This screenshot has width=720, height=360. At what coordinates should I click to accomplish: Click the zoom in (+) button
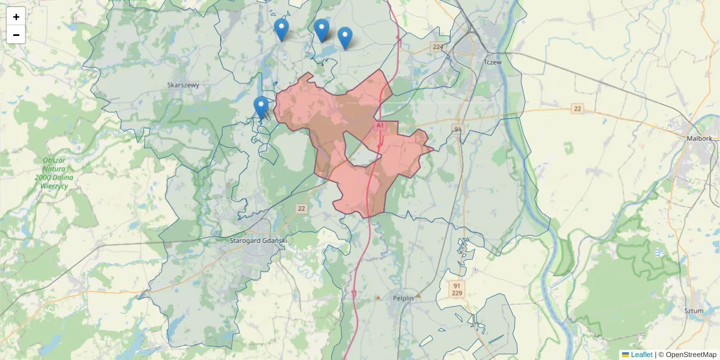click(x=16, y=17)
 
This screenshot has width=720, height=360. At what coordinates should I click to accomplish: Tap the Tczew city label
click(x=492, y=62)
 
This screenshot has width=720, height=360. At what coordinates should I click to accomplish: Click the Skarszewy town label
click(x=183, y=85)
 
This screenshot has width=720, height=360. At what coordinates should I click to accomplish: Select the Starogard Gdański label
click(x=259, y=241)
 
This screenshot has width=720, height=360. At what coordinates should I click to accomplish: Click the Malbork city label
click(x=699, y=138)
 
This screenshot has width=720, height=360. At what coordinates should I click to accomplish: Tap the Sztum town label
click(x=693, y=311)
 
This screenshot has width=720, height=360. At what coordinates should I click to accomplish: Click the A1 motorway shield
click(x=380, y=125)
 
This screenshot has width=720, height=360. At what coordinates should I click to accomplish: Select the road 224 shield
click(x=437, y=47)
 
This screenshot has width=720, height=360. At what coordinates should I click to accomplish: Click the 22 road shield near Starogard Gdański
click(x=301, y=209)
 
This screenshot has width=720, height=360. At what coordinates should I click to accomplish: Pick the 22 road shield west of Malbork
click(x=577, y=109)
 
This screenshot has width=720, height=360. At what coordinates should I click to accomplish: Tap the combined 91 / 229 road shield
click(x=457, y=288)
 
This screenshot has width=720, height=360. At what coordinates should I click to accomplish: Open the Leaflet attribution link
click(x=641, y=355)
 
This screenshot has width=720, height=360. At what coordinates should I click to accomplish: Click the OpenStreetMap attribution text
click(x=687, y=355)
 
